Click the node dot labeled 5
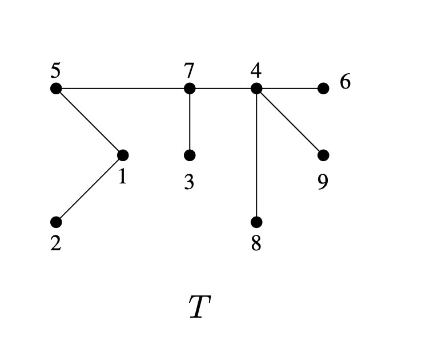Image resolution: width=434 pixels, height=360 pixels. click(x=56, y=89)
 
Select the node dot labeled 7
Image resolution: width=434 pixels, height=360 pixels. click(x=190, y=89)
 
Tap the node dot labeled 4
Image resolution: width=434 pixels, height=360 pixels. click(x=256, y=89)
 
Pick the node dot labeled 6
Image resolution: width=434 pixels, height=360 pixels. click(x=323, y=89)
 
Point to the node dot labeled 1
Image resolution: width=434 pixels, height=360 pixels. click(x=123, y=155)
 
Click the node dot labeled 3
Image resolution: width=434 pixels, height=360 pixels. click(x=190, y=155)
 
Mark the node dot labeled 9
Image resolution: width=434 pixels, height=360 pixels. click(x=323, y=155)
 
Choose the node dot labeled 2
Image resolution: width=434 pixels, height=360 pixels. click(x=56, y=222)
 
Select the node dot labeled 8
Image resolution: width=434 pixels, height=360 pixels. click(x=256, y=222)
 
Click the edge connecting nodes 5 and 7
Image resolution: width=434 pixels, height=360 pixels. click(x=123, y=89)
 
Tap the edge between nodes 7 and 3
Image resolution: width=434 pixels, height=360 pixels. click(x=190, y=122)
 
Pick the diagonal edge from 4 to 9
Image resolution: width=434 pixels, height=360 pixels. click(x=290, y=122)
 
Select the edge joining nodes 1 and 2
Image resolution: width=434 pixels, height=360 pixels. click(x=89, y=189)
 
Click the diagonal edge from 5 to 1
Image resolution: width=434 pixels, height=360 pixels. click(x=89, y=122)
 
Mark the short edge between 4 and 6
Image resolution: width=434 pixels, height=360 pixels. click(x=290, y=89)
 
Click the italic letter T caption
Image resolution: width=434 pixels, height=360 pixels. click(x=199, y=307)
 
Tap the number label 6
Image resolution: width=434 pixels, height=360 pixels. click(x=345, y=82)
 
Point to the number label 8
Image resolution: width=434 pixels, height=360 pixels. click(x=256, y=243)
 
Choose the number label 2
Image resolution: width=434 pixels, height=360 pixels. click(x=55, y=243)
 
